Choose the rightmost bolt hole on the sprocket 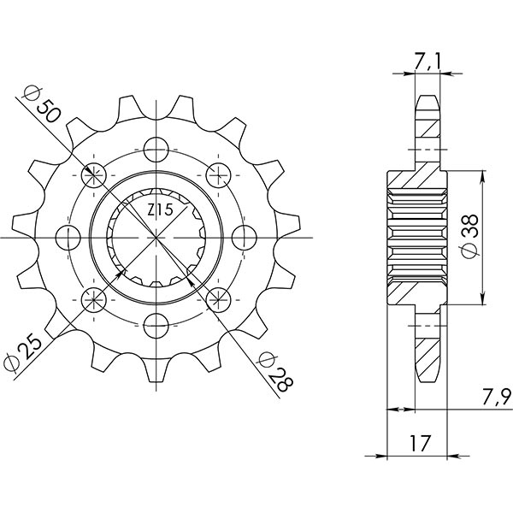pos(245,237)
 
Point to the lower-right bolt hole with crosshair pos(219,298)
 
